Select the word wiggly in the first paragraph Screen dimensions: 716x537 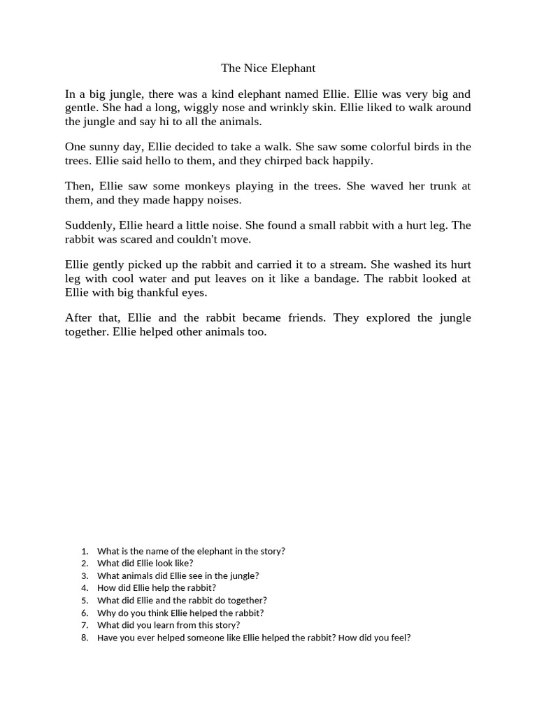(196, 108)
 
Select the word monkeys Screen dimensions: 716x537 (192, 186)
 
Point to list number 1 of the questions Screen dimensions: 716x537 (85, 551)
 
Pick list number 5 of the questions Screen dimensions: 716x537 (85, 601)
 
